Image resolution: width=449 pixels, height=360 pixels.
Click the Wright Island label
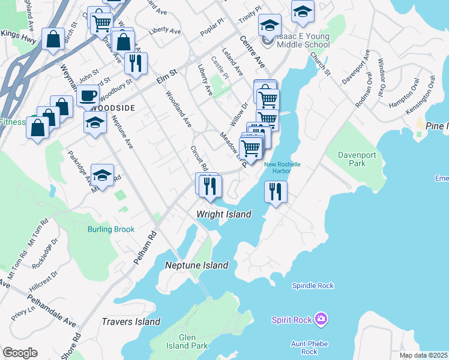point(224,214)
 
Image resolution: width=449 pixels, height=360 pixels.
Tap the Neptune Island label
point(197,265)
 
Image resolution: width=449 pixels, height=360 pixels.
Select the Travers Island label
point(131,322)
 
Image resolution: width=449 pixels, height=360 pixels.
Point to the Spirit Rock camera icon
point(321,319)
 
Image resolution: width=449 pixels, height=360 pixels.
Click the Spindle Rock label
point(312,286)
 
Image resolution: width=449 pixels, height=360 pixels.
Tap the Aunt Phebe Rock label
point(310,347)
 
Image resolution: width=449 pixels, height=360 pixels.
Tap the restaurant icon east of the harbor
point(276,192)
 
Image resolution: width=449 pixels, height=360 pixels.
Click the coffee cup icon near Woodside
point(88,95)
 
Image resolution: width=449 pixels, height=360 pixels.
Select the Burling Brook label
point(110,229)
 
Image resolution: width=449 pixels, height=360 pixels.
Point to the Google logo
point(20,352)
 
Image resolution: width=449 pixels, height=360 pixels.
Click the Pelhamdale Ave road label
point(52,311)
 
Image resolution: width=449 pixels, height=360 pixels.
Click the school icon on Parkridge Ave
point(103,175)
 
